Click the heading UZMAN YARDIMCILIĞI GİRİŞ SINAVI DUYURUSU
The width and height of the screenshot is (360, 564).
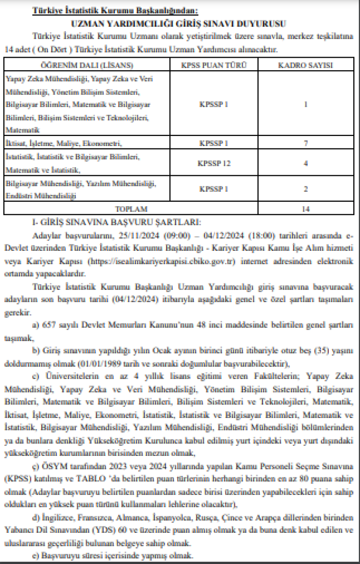[180, 23]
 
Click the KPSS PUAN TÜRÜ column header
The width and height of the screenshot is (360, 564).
[214, 65]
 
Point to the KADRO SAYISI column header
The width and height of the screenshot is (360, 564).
[306, 65]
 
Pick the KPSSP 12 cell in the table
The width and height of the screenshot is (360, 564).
[214, 163]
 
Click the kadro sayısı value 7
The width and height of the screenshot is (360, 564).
[306, 143]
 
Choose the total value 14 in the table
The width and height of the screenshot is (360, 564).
[306, 208]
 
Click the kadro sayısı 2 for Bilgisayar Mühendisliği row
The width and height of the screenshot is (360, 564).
[306, 189]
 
